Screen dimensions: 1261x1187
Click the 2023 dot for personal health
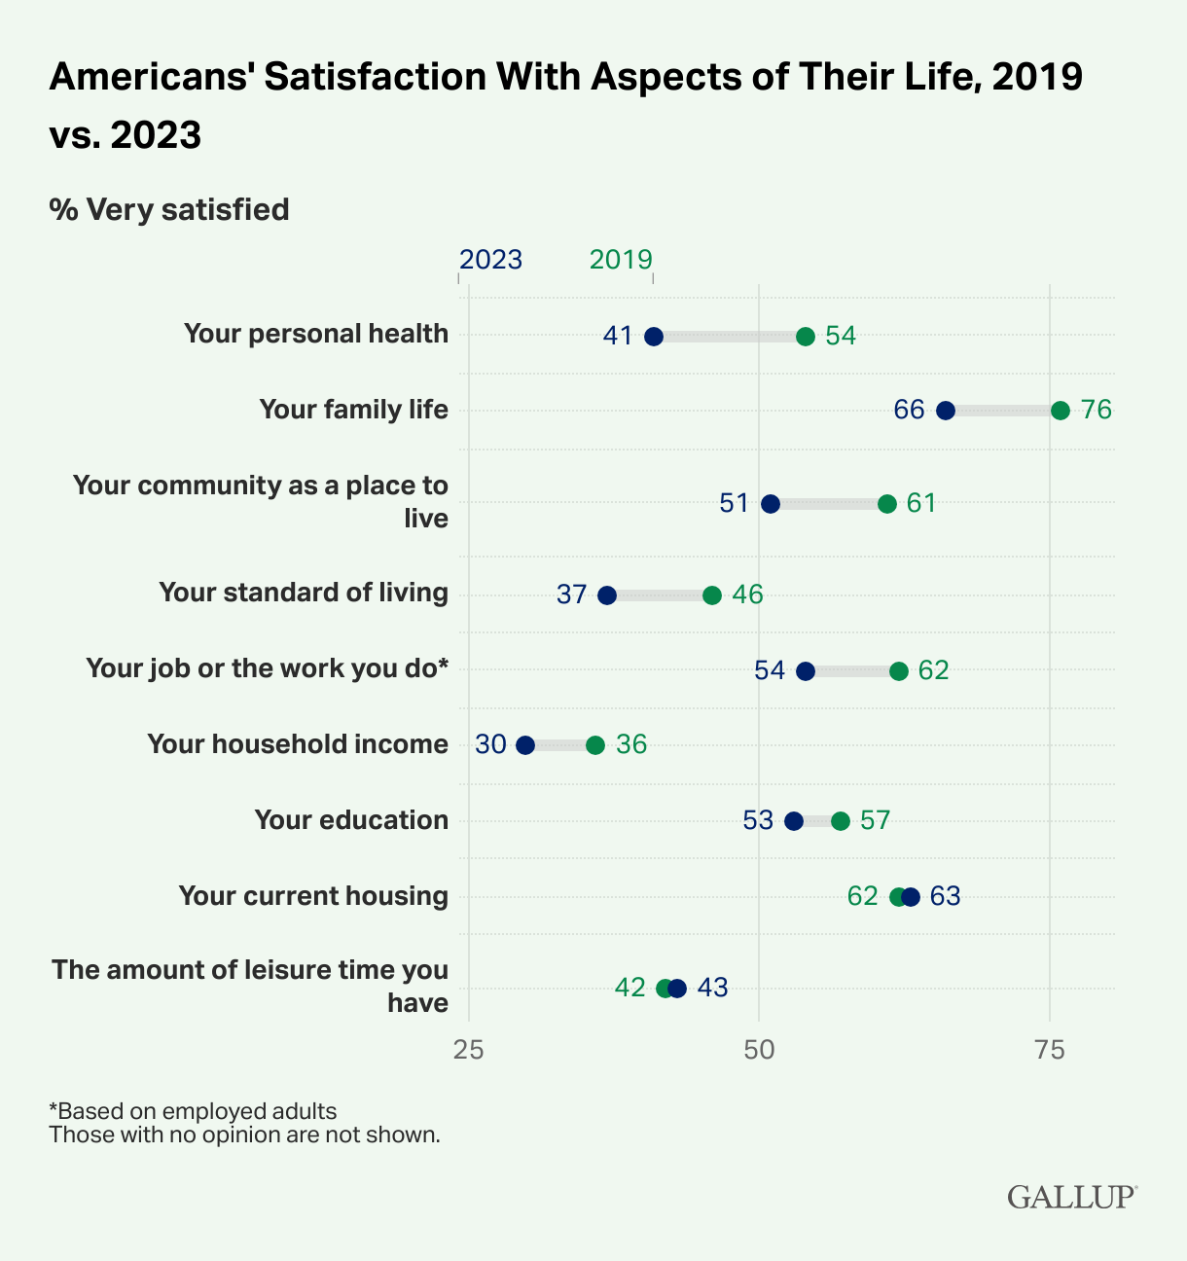tap(654, 337)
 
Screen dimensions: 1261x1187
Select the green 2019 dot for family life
tap(1061, 411)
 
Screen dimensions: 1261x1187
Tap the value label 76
tap(1097, 410)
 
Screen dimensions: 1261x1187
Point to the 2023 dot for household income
tap(525, 745)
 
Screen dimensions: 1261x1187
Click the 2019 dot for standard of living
tap(712, 595)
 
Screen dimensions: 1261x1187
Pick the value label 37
tap(572, 594)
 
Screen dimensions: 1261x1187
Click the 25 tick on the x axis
tap(469, 1050)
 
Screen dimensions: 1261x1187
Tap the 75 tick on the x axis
tap(1049, 1050)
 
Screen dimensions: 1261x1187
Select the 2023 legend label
tap(490, 260)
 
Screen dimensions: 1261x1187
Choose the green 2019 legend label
tap(621, 260)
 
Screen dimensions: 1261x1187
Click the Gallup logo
tap(1071, 1196)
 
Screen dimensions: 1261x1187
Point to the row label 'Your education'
tap(351, 820)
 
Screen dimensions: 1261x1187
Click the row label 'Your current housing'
tap(313, 896)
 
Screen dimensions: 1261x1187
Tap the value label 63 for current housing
tap(946, 896)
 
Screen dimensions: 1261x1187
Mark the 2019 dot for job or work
tap(899, 671)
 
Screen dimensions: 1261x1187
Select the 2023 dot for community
tap(771, 504)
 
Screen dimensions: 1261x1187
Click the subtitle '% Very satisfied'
tap(169, 210)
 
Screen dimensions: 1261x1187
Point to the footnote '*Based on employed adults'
tap(193, 1111)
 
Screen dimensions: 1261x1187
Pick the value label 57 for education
tap(876, 820)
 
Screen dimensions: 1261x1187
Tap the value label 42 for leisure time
tap(630, 989)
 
